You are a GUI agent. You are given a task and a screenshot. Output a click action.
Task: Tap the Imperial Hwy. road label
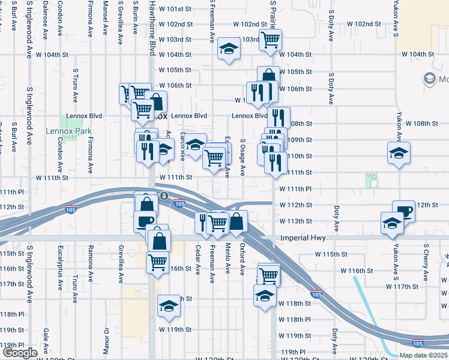(x=304, y=238)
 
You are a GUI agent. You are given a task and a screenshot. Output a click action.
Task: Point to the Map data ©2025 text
(x=424, y=355)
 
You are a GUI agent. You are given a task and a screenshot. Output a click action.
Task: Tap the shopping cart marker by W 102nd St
(x=270, y=40)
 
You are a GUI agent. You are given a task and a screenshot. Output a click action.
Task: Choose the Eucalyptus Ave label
(x=61, y=263)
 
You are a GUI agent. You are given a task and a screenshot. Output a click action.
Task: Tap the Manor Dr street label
(x=106, y=340)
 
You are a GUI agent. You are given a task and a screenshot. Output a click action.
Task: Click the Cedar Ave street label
(x=199, y=260)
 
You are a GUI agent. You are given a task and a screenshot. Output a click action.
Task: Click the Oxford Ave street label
(x=243, y=259)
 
